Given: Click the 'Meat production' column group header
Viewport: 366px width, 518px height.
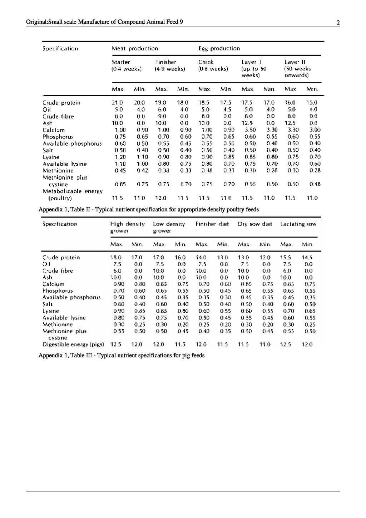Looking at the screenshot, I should tap(134, 49).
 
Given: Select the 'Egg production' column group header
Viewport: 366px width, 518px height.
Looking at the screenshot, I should tap(219, 49).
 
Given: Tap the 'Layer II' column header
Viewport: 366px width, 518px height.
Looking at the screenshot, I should tap(295, 62).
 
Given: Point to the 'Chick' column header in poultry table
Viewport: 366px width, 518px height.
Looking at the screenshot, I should tap(206, 62).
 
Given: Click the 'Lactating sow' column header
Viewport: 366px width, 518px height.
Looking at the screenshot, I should tap(298, 224).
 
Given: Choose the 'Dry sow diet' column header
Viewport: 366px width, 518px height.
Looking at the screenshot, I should tap(255, 224).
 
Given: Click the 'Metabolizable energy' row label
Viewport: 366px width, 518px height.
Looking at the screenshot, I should tap(73, 191).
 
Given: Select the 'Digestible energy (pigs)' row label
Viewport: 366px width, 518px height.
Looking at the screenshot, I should tap(73, 344).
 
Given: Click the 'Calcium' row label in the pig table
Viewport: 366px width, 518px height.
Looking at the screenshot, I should tap(53, 284).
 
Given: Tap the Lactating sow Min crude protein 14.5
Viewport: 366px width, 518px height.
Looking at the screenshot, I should tap(307, 257).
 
